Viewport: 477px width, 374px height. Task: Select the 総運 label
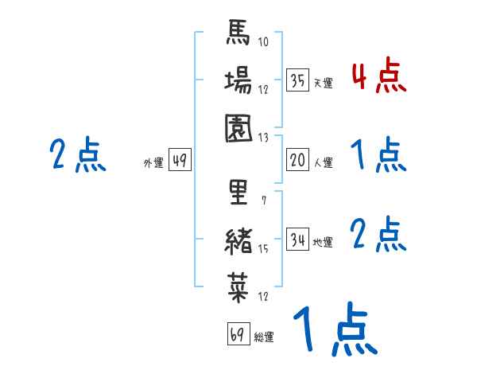[264, 337]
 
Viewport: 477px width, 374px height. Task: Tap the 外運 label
[153, 163]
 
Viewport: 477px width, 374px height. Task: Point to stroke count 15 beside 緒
[264, 249]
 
